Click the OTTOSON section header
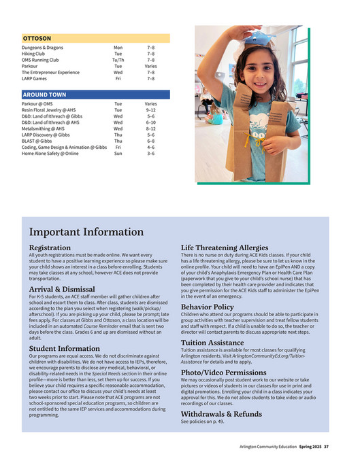(x=37, y=39)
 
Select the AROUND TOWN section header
(x=45, y=95)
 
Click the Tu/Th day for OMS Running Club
(x=118, y=60)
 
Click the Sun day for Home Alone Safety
(x=118, y=153)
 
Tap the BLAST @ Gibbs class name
(x=39, y=141)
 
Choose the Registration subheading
(x=50, y=247)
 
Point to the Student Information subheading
(x=65, y=348)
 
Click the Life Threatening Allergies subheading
(x=224, y=247)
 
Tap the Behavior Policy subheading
(x=207, y=307)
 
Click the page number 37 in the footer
(x=326, y=447)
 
